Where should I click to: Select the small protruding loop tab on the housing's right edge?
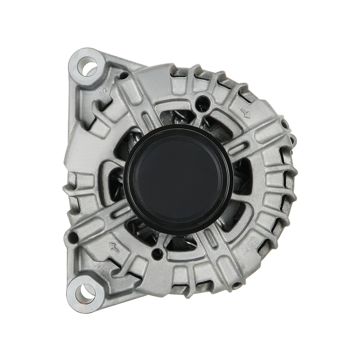tap(285, 126)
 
